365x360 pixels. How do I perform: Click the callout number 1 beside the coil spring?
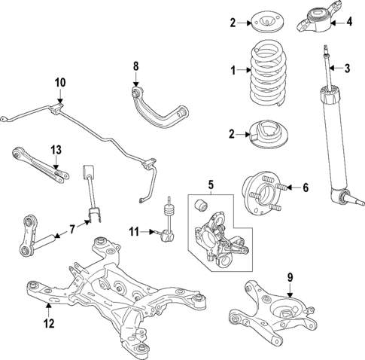pyautogui.click(x=233, y=71)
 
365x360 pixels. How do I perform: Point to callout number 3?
pyautogui.click(x=348, y=69)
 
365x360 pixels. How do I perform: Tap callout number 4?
pyautogui.click(x=348, y=21)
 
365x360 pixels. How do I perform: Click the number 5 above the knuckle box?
pyautogui.click(x=211, y=183)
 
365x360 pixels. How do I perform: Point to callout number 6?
pyautogui.click(x=304, y=187)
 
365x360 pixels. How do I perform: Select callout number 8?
pyautogui.click(x=136, y=66)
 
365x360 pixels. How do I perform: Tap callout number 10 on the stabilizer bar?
pyautogui.click(x=60, y=81)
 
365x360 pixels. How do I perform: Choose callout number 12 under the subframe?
pyautogui.click(x=48, y=325)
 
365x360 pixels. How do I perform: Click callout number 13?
pyautogui.click(x=56, y=151)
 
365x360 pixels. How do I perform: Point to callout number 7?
pyautogui.click(x=71, y=227)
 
